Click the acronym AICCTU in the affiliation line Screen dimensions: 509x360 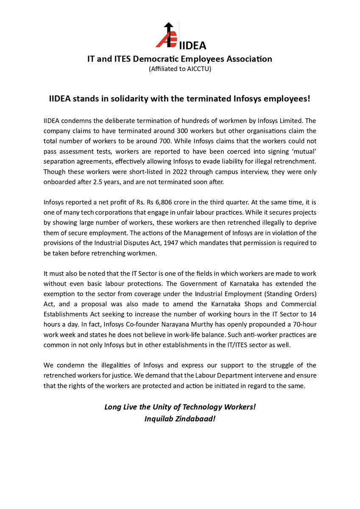coord(199,69)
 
